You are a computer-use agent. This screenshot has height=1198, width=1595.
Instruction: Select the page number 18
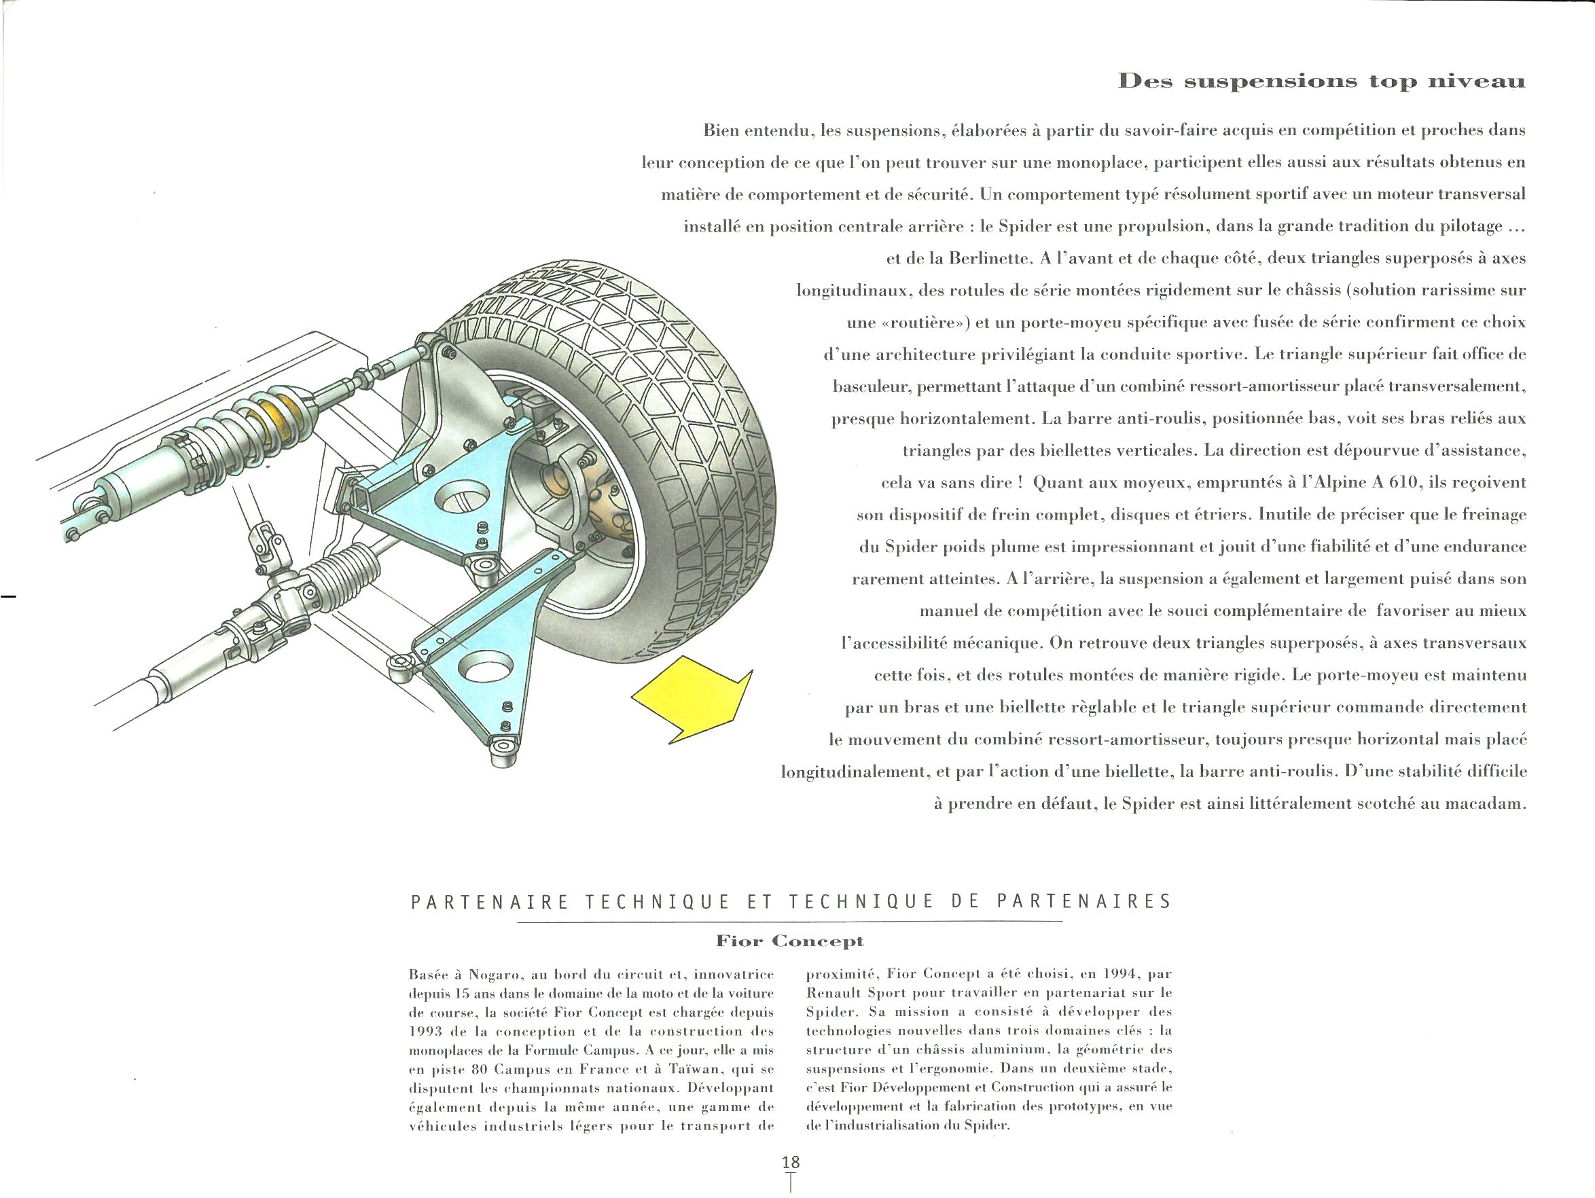791,1162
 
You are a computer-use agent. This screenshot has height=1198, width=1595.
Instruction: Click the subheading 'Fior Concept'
790,941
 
